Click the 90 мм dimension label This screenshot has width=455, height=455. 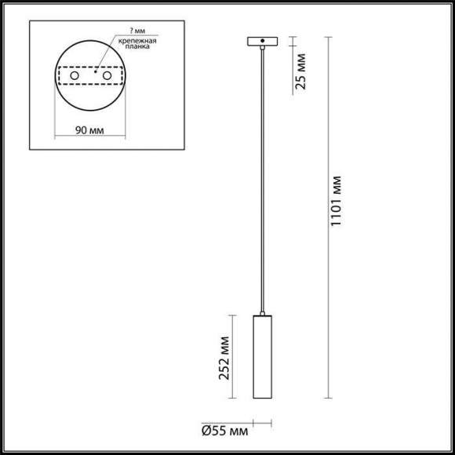[x=90, y=129]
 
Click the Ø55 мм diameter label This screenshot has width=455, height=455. [x=224, y=431]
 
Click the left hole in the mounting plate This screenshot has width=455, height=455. [x=75, y=76]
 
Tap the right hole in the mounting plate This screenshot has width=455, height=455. [x=107, y=76]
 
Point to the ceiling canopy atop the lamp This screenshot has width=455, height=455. [x=259, y=41]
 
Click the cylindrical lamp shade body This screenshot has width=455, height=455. [x=259, y=360]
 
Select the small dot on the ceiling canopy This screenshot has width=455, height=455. [x=259, y=41]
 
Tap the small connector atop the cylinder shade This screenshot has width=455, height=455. [x=259, y=311]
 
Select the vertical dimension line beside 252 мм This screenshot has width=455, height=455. [x=234, y=360]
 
